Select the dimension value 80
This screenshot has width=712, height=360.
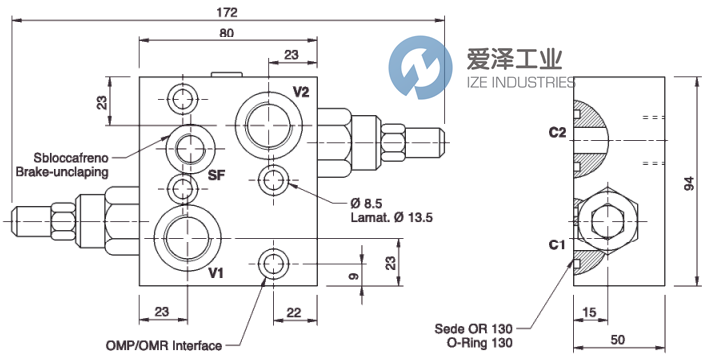coord(230,34)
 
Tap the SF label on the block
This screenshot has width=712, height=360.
coord(216,176)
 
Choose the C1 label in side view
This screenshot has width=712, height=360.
coord(557,243)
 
